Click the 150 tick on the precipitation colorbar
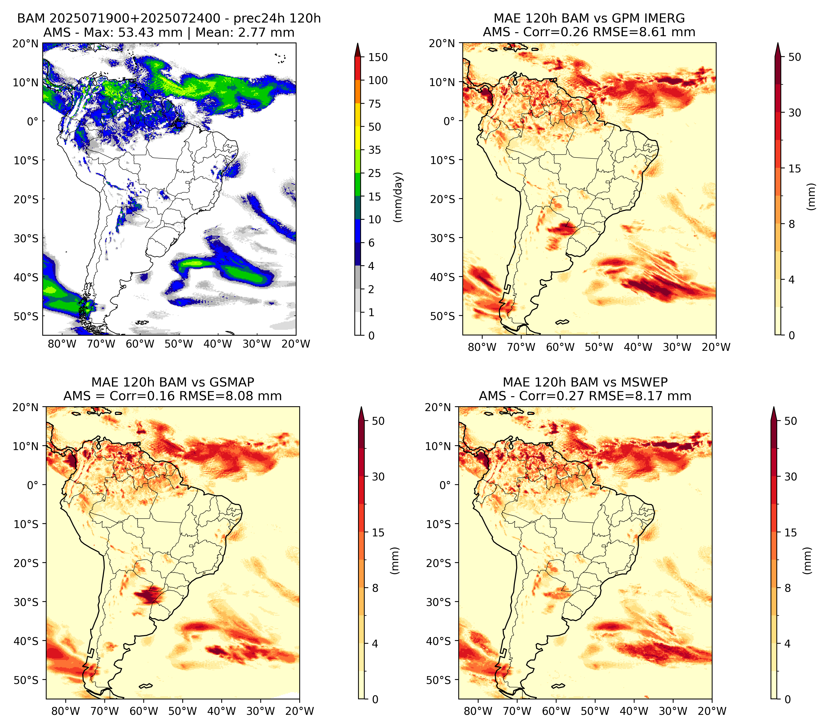378,57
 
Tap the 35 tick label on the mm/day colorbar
374,150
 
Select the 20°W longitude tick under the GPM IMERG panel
716,347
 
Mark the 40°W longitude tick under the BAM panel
218,344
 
